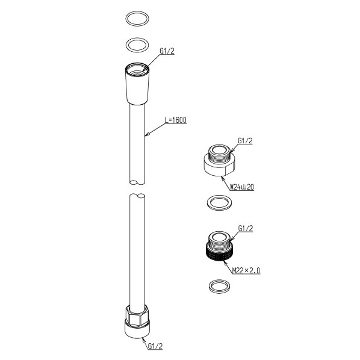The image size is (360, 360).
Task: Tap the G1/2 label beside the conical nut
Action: point(167,51)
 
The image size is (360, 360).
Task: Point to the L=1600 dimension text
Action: point(176,120)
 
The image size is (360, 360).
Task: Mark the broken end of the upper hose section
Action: point(137,182)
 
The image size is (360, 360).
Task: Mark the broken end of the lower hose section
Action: point(137,196)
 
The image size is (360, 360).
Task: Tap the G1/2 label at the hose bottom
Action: point(155,346)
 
